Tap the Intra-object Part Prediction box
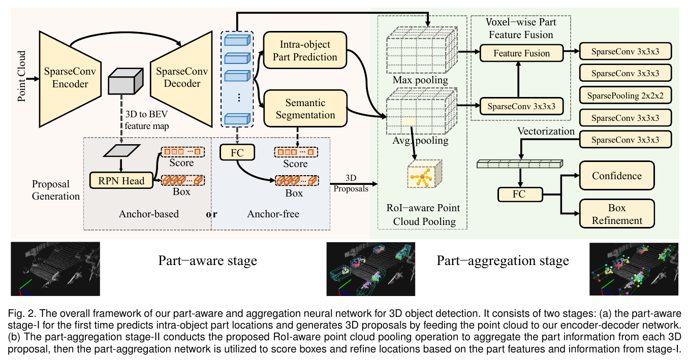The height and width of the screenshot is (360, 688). click(x=305, y=50)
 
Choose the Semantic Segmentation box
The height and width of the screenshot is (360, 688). click(x=305, y=108)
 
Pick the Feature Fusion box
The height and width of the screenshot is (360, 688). click(x=522, y=53)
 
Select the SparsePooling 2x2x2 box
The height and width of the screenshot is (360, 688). click(x=625, y=95)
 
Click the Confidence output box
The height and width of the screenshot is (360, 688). click(x=617, y=176)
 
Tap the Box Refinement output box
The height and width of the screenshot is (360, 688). click(x=617, y=214)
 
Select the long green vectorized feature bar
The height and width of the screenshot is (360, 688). click(x=520, y=163)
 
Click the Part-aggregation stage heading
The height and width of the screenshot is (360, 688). click(x=503, y=261)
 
